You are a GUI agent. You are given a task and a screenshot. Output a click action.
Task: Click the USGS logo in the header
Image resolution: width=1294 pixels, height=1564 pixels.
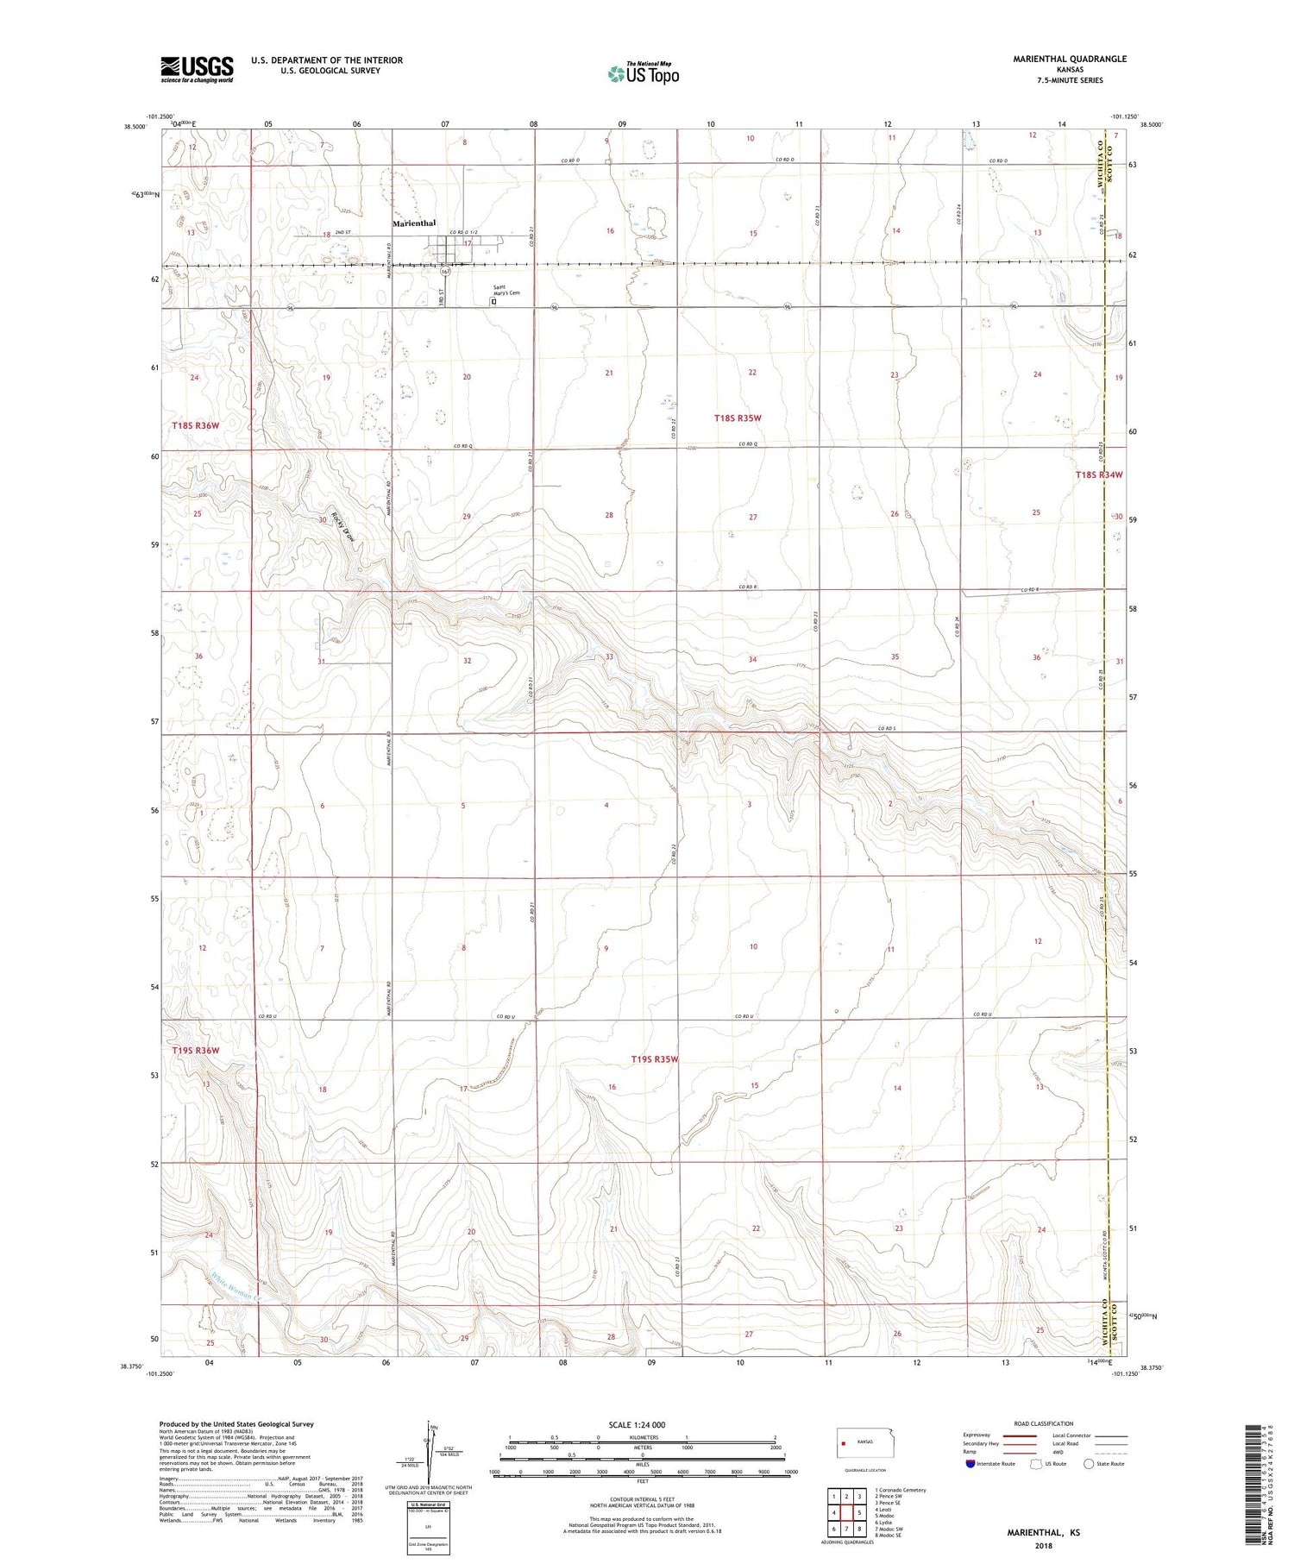pos(197,69)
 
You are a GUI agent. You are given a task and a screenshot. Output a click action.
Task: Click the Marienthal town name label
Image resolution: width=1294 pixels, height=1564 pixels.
pos(414,223)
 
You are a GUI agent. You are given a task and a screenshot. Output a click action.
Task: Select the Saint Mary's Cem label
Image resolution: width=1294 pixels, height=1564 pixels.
pos(506,291)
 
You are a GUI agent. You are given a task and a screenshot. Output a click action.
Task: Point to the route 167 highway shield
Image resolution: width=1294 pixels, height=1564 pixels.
pos(445,272)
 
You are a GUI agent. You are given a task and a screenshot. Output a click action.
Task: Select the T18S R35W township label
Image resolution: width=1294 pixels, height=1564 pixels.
pos(738,418)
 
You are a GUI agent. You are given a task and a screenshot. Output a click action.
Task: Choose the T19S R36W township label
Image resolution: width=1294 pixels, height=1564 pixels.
pos(196,1051)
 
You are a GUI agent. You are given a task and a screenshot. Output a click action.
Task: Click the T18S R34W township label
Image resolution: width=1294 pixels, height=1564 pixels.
pos(1099,475)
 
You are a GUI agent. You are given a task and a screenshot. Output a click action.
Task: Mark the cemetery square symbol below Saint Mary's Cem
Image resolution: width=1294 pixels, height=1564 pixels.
pos(493,303)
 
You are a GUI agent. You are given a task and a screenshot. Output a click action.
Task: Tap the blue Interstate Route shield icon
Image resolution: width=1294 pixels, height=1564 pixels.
pos(970,1464)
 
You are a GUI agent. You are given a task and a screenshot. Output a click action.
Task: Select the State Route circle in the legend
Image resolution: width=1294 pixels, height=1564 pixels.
pos(1090,1464)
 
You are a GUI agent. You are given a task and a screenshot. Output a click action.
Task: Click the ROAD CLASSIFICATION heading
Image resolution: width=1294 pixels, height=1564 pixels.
pos(1044,1423)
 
